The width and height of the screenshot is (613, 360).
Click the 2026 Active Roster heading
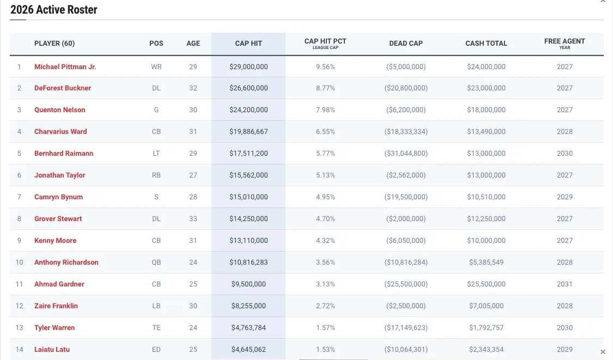54,10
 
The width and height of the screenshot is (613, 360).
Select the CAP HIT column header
248,44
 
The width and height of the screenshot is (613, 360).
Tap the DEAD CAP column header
406,44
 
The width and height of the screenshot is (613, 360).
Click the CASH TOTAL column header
486,44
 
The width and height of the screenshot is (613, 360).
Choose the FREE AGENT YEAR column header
565,43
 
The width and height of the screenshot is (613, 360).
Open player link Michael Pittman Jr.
65,66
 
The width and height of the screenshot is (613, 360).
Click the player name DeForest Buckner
63,88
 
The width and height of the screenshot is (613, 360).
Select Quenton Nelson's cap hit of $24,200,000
248,110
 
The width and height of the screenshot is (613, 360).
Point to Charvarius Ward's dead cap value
406,132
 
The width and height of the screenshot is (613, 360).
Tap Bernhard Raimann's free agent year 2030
565,154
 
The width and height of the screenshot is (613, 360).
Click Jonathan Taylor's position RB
156,175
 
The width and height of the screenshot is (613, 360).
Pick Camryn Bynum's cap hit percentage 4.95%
325,197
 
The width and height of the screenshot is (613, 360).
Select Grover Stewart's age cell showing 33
193,219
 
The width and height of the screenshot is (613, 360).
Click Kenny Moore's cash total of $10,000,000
486,241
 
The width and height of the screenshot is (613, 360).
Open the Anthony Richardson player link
66,263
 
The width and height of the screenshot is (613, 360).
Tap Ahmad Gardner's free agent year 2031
565,284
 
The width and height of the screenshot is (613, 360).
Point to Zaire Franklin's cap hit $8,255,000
248,306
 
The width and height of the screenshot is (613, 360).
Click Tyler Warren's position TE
156,328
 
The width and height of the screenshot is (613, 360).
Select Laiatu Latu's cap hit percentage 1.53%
325,350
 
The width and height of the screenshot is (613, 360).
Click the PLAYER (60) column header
54,44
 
